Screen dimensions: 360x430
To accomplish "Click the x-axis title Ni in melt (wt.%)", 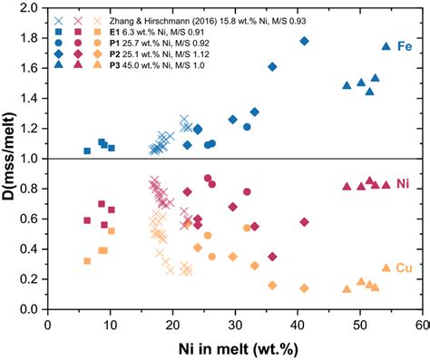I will [234, 349].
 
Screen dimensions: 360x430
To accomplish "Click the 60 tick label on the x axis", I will [421, 324].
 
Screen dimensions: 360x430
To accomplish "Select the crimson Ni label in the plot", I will [405, 185].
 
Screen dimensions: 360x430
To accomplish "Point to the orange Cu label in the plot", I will [405, 268].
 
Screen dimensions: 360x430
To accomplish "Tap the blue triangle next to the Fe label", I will [386, 46].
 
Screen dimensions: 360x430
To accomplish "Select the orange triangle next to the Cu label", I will [386, 268].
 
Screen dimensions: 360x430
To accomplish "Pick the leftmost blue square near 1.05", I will [87, 151].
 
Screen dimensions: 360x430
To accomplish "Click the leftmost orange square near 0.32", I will [87, 261].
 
